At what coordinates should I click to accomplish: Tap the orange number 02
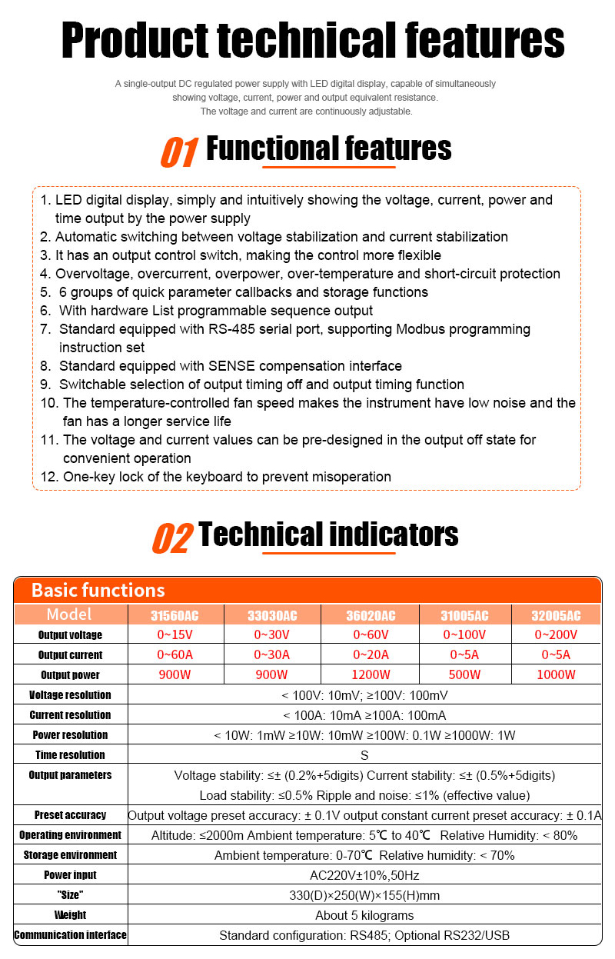click(x=171, y=538)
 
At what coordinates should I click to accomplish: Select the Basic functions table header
click(x=98, y=591)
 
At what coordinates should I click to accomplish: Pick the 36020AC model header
click(x=371, y=615)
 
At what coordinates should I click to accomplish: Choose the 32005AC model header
click(x=557, y=615)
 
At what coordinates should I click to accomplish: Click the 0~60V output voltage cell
click(x=371, y=635)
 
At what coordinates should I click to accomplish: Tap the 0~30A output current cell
click(x=272, y=655)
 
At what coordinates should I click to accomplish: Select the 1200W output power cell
click(x=371, y=675)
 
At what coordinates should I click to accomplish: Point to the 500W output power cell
click(x=464, y=675)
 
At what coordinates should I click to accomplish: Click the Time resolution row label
click(x=70, y=755)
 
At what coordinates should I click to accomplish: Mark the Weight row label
click(x=70, y=915)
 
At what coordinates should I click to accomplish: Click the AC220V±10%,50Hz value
click(x=364, y=875)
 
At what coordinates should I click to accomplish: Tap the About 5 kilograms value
click(x=364, y=915)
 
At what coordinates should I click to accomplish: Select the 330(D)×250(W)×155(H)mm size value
click(x=364, y=895)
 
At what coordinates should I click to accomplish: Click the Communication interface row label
click(x=70, y=935)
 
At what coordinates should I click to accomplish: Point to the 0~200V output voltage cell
click(x=557, y=635)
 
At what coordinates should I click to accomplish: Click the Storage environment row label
click(x=70, y=855)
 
